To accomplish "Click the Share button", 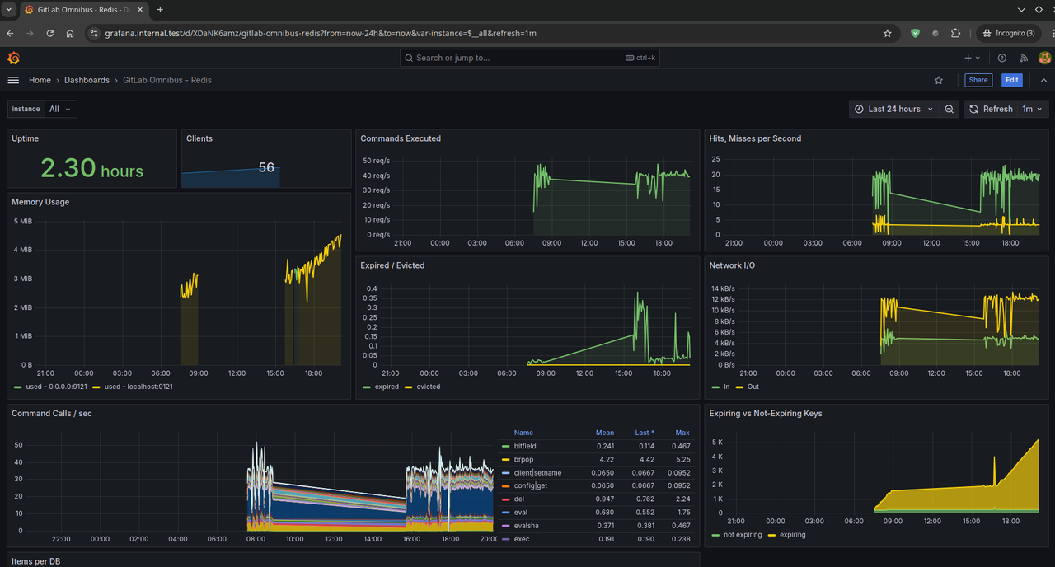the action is point(978,80).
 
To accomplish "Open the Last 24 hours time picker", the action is point(894,109).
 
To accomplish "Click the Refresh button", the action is point(991,109).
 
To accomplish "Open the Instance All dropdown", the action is point(61,109).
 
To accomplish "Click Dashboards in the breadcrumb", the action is point(87,80).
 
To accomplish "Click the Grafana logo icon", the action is point(14,58).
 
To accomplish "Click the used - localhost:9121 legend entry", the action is point(133,387).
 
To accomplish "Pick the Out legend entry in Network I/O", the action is point(748,387).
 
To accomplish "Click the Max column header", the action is point(682,433).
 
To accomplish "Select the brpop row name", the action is point(523,459).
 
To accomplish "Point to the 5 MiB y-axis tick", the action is point(23,222).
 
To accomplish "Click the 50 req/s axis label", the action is point(377,161).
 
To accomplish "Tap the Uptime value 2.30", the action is point(68,167).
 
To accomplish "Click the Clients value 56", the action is point(266,167).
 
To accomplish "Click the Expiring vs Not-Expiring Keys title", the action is point(766,414).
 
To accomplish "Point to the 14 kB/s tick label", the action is point(723,288).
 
